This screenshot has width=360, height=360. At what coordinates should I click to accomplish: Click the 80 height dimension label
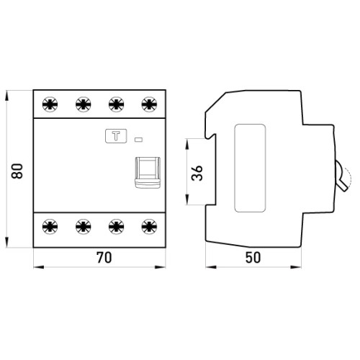(17, 171)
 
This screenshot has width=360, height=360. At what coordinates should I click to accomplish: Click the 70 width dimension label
(104, 258)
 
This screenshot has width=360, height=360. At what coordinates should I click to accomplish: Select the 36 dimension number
(197, 173)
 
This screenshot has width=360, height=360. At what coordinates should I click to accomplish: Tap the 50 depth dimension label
(253, 258)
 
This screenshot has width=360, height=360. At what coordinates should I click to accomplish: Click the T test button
(116, 136)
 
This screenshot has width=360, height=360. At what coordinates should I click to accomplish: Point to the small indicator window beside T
(138, 140)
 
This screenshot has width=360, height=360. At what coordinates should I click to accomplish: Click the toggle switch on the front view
(148, 172)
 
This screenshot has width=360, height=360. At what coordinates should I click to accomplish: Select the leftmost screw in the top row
(50, 104)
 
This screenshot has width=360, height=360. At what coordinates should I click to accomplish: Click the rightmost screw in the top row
(149, 104)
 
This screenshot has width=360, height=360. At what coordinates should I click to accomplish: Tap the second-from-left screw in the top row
(84, 104)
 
